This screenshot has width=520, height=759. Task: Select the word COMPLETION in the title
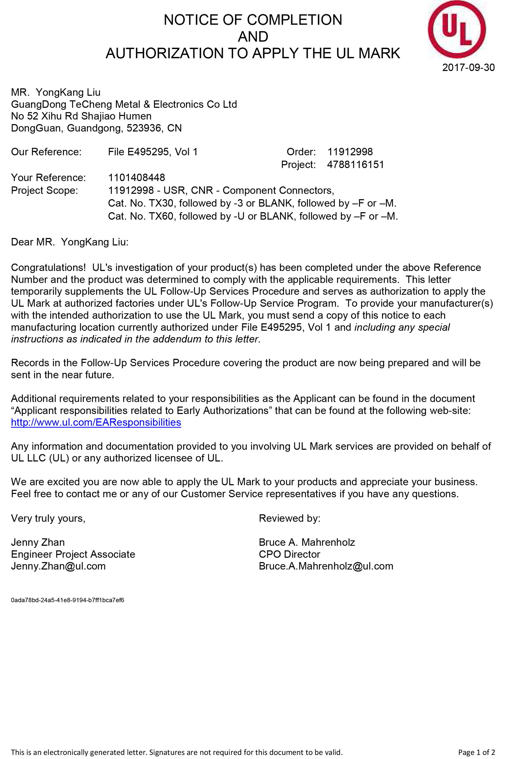point(294,20)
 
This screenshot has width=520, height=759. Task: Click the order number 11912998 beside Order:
point(350,152)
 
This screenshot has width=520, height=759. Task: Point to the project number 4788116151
point(356,164)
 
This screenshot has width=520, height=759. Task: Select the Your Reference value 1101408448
point(136,178)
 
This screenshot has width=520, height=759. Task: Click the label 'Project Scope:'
point(44,190)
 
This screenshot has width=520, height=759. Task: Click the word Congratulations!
point(48,267)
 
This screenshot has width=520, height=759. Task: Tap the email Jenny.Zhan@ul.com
point(58,566)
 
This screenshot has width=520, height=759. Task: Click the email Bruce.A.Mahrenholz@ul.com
point(326,566)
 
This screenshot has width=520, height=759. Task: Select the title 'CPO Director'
point(289,554)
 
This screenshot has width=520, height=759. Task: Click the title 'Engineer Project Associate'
point(73,554)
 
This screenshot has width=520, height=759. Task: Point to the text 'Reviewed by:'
point(290,518)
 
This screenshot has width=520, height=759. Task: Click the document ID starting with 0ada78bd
point(67,600)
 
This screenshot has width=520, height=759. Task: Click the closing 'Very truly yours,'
point(48,518)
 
